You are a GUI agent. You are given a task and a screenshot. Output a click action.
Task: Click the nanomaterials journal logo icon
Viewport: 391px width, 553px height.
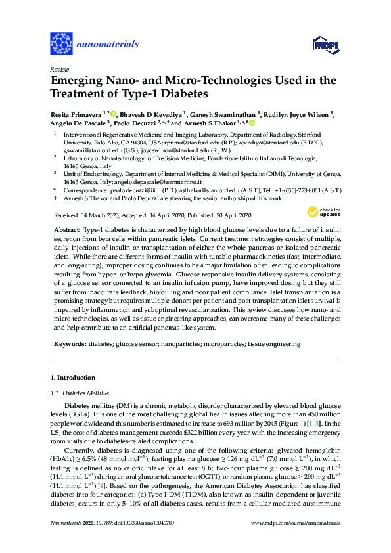61,43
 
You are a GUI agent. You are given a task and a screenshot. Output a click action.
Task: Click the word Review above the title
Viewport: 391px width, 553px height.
59,69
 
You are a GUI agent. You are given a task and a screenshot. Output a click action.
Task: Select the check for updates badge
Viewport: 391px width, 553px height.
325,211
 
